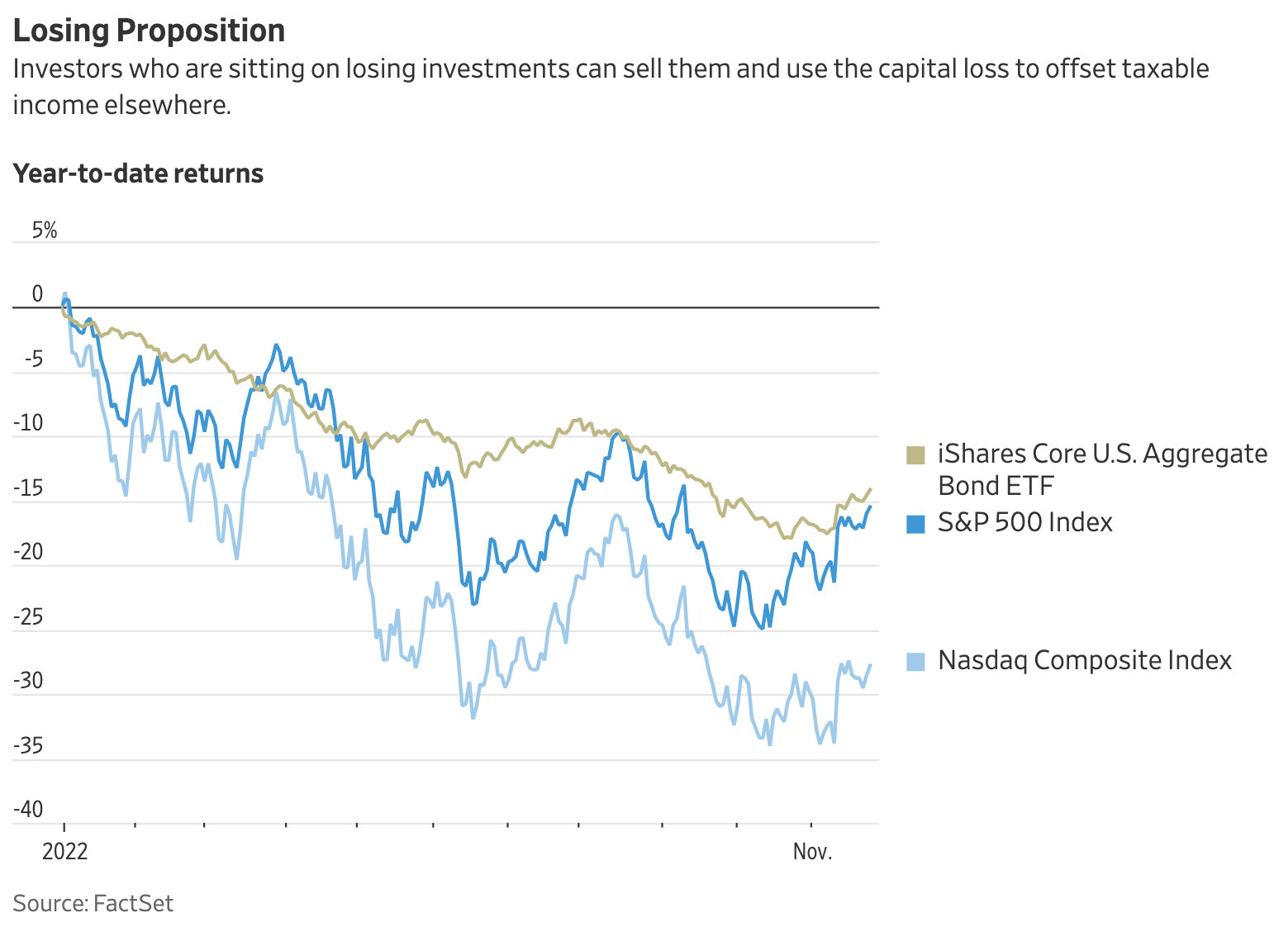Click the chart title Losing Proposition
(149, 31)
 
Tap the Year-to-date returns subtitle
(138, 174)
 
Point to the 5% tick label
(45, 231)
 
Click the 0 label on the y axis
(37, 294)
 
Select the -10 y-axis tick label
(29, 424)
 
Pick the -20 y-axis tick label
(29, 553)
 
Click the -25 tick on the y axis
(29, 617)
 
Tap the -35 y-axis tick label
(29, 746)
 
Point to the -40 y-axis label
(29, 810)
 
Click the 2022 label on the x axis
(64, 851)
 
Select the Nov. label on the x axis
(812, 851)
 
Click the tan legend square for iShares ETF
(915, 454)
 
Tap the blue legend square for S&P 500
(915, 523)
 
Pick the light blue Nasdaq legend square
(915, 661)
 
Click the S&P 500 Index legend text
(1024, 522)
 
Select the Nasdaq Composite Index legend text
(1084, 660)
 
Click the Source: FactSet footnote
(93, 903)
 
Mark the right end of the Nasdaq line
(870, 665)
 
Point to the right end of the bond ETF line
(870, 489)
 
